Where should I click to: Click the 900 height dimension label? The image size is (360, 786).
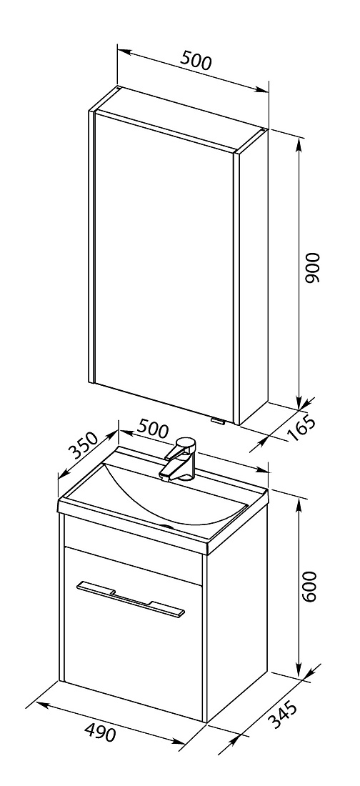[312, 268]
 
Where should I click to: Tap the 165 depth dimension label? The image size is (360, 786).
[302, 427]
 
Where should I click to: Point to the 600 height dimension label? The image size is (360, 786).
[310, 586]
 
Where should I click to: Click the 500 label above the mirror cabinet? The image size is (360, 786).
[196, 61]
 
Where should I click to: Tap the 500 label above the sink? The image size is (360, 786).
[153, 429]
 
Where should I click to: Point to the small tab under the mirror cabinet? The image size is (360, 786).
[219, 421]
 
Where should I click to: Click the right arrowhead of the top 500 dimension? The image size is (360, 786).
[261, 90]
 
